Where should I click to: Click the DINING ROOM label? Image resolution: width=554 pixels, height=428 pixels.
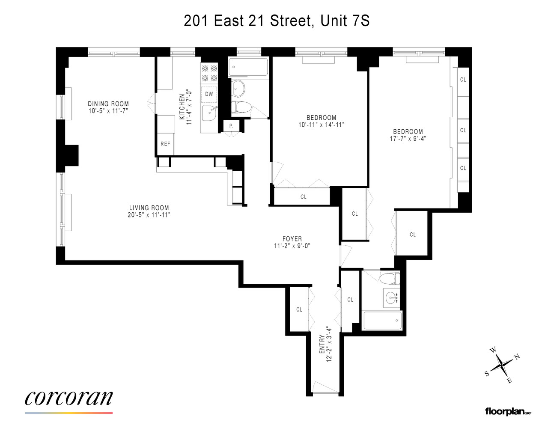(x=108, y=104)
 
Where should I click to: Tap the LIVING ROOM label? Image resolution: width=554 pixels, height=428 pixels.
(x=149, y=208)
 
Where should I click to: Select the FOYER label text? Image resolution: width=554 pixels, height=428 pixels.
(x=292, y=239)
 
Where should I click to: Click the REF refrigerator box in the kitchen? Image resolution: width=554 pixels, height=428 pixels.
(x=165, y=144)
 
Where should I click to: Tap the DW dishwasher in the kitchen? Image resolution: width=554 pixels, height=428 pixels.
(x=209, y=94)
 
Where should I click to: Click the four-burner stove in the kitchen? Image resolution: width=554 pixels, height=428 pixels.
(x=209, y=73)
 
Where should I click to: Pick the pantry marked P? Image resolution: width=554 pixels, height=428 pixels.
(x=231, y=126)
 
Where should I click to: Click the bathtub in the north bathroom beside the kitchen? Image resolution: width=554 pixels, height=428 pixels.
(x=248, y=67)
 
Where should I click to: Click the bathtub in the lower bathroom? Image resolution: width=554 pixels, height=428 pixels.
(x=383, y=320)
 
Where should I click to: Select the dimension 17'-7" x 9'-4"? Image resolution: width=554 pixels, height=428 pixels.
(x=408, y=139)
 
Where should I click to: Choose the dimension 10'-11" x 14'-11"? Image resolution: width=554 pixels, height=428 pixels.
(x=321, y=125)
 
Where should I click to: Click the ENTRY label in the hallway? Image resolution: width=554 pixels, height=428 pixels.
(x=322, y=344)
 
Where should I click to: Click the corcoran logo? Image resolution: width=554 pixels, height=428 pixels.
(x=69, y=398)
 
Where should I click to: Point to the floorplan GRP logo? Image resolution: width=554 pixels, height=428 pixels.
(x=508, y=412)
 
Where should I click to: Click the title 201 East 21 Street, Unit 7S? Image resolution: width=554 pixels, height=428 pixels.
(x=277, y=21)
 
